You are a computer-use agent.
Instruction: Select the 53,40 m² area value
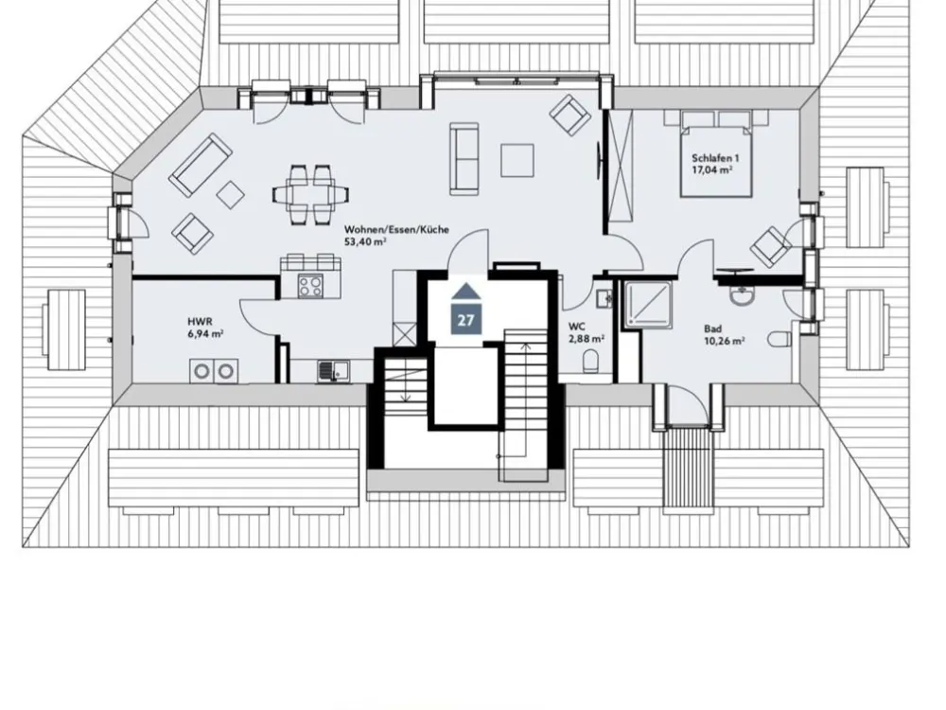click(365, 241)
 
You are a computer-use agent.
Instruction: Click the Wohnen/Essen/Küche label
click(396, 229)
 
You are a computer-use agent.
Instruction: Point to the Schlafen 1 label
click(715, 158)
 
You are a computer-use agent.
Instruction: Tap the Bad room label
click(712, 329)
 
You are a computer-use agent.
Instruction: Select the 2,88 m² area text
click(587, 339)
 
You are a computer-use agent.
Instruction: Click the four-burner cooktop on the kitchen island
click(310, 286)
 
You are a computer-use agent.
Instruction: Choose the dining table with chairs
click(310, 194)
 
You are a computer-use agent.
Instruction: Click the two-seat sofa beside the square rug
click(464, 158)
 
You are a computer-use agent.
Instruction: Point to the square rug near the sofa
click(517, 160)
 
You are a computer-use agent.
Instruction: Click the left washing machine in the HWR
click(201, 371)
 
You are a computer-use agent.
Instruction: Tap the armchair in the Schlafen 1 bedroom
click(770, 246)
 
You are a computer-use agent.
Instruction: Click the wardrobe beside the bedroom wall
click(620, 168)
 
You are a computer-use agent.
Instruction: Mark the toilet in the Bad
click(780, 339)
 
